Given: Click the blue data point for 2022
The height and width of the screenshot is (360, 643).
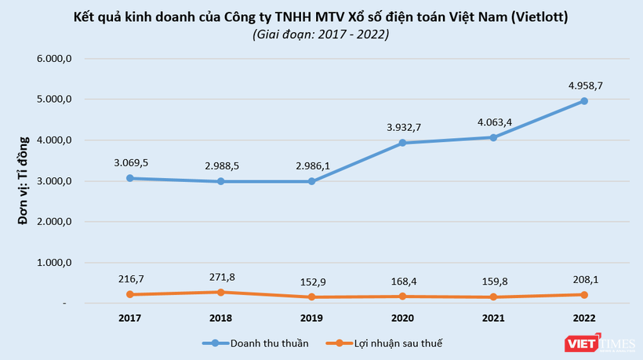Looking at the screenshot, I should point(584,101).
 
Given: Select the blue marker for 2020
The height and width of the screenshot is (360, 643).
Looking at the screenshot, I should point(402,143).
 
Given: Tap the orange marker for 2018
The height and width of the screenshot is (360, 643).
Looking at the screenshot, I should point(221,292).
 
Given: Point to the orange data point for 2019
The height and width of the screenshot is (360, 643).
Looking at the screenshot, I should point(311,296).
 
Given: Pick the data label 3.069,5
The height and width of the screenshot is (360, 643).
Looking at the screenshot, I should point(131,162).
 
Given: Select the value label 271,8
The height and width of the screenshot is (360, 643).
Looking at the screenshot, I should point(221,277).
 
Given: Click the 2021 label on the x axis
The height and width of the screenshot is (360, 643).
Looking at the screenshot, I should point(493,318).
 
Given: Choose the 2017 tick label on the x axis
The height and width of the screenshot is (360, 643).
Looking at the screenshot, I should point(130,318).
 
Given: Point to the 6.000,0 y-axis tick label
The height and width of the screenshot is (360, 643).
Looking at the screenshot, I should point(56,59).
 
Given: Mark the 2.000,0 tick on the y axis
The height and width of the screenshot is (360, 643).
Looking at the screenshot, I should point(56,222).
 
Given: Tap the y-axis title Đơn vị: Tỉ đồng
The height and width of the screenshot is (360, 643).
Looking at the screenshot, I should point(24,180).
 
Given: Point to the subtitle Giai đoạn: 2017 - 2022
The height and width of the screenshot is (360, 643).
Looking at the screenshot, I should point(321,35).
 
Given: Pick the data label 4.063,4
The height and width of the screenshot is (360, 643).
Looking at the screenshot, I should point(493,122).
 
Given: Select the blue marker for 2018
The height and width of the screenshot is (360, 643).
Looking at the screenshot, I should point(221,181).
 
